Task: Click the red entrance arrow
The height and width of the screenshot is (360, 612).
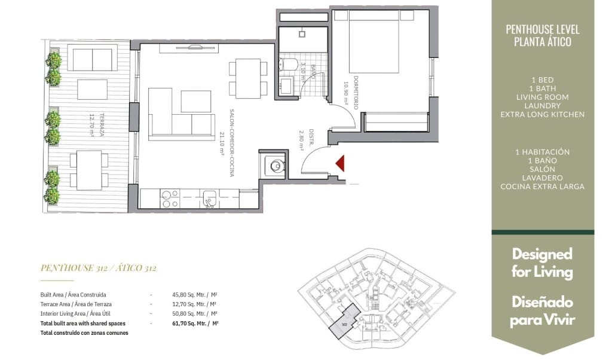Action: coord(341,163)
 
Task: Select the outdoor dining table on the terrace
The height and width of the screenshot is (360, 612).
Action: coord(88,170)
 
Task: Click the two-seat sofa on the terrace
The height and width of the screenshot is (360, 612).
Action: coord(93,59)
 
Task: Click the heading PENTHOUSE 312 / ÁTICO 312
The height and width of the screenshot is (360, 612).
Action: coord(98,268)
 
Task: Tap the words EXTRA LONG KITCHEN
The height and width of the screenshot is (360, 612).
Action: coord(542,114)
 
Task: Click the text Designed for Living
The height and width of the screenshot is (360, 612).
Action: coord(542,263)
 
